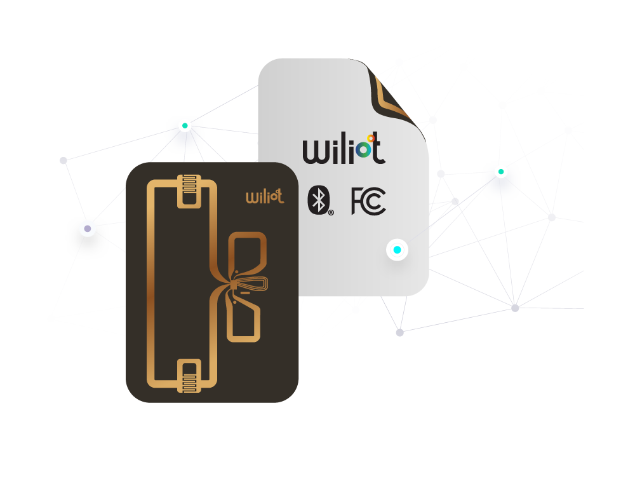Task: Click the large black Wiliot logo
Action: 344,150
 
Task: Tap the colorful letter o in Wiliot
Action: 363,149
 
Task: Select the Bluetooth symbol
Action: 319,200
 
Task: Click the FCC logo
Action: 368,201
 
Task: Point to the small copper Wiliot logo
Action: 265,196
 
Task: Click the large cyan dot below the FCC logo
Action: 397,250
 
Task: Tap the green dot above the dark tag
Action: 185,125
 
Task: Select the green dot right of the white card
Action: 501,172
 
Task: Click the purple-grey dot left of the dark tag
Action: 88,229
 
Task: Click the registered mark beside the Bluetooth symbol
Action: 331,213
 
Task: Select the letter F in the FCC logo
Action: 358,201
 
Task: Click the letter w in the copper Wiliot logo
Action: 251,197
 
